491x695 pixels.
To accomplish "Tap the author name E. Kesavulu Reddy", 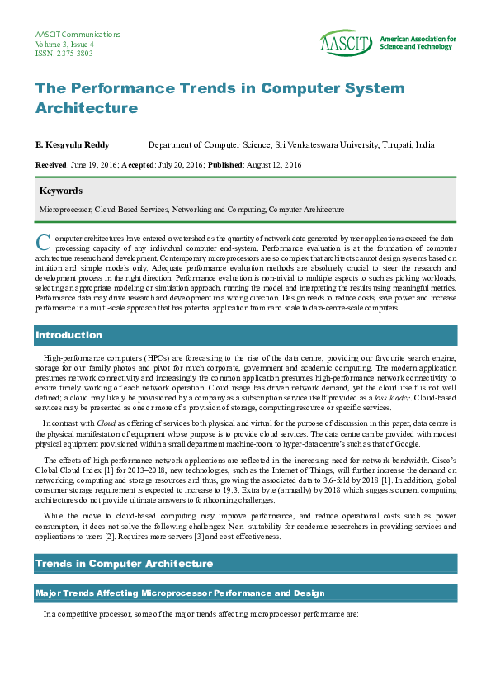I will [x=72, y=144].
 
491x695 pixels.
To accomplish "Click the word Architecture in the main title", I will [x=87, y=108].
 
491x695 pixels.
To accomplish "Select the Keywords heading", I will [x=61, y=191].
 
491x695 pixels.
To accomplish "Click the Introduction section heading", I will [x=68, y=335].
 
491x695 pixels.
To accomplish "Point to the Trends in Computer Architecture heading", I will [x=124, y=564].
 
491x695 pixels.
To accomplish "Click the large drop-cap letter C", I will [x=44, y=242].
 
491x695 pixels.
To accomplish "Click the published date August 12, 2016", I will [x=274, y=165].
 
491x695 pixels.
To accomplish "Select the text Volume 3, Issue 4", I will [x=64, y=44].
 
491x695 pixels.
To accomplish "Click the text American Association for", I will [x=418, y=39].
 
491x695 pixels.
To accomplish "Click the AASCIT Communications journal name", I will [x=78, y=35].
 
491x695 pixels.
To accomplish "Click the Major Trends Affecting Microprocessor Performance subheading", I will [x=172, y=593].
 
